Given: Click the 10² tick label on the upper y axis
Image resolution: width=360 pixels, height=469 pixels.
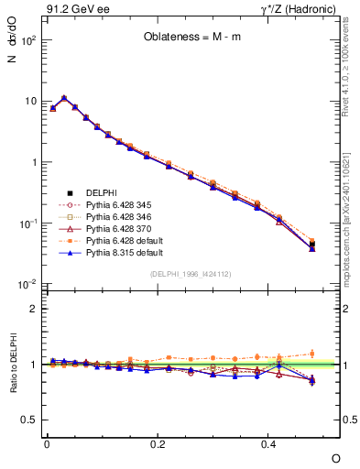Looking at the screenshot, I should tap(27, 40).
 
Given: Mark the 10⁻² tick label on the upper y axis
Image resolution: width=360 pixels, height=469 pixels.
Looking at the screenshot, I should tap(27, 284).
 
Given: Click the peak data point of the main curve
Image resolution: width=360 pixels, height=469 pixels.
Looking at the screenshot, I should tap(64, 97).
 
